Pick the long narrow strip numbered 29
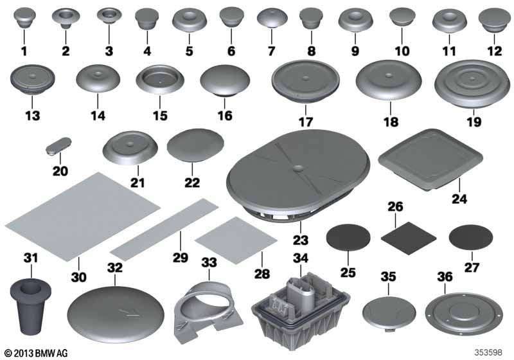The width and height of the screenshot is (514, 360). point(165,227)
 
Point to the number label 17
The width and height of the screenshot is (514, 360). point(306,121)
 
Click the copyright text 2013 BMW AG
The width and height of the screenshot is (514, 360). point(35,352)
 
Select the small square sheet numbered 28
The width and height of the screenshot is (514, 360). point(228,239)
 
